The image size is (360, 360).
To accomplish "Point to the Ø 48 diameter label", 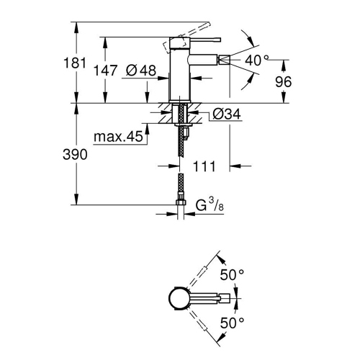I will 141,71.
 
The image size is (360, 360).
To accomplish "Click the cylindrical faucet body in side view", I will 179,76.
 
